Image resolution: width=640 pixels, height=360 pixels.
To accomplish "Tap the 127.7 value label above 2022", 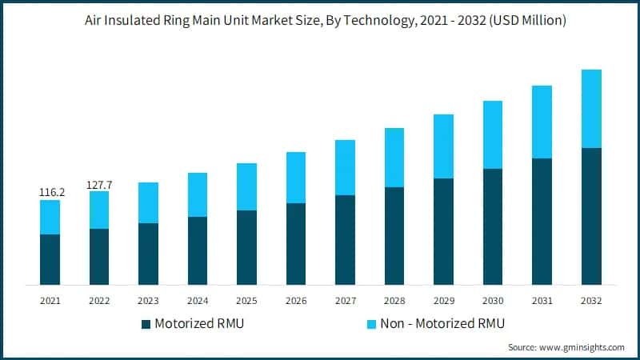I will [x=99, y=185].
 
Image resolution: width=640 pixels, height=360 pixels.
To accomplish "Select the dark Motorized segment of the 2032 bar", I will [x=591, y=216].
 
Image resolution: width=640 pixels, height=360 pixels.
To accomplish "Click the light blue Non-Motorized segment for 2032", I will [x=591, y=109].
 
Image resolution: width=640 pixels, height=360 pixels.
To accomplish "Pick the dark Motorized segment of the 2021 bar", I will [x=50, y=259].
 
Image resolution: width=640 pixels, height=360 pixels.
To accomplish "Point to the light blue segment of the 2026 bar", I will [x=296, y=178].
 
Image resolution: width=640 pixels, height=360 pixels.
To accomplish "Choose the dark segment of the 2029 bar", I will [x=444, y=231].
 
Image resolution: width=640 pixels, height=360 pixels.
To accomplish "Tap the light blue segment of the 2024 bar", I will [x=198, y=194].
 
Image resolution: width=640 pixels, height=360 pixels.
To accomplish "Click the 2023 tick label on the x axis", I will [x=148, y=300].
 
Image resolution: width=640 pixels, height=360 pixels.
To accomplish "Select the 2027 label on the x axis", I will [x=345, y=300].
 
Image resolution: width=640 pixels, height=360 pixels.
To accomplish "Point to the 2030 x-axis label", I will [x=493, y=300].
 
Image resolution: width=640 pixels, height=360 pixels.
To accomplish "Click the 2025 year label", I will [x=246, y=300].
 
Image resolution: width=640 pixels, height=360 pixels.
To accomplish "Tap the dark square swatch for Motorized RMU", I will [x=146, y=324].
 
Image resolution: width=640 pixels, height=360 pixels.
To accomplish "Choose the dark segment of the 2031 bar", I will [x=542, y=222].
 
